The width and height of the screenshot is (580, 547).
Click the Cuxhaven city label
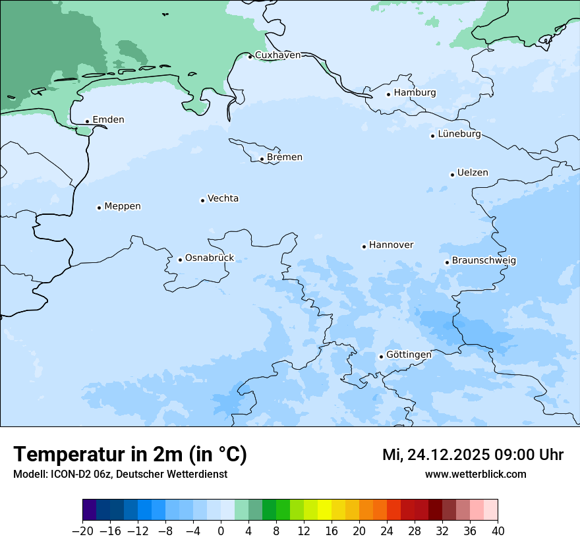277,55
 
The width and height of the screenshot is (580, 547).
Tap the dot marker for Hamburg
389,94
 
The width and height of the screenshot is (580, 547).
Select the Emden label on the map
108,120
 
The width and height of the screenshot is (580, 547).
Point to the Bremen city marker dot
262,159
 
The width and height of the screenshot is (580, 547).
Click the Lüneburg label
459,134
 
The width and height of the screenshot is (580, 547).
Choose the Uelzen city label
473,173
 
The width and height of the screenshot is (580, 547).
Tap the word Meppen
123,206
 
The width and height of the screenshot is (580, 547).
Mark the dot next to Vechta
202,200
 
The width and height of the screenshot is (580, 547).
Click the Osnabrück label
210,258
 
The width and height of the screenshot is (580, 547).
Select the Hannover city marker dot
364,246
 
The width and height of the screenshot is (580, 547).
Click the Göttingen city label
409,355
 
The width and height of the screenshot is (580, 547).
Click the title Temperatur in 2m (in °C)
130,455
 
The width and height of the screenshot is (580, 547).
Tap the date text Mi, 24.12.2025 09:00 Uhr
473,455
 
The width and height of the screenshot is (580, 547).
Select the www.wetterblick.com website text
475,475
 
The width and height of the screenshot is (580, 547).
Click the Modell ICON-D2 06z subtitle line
120,475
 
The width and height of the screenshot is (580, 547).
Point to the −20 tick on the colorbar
82,531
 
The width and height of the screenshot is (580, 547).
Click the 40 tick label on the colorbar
498,531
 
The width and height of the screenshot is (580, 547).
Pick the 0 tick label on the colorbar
221,531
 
